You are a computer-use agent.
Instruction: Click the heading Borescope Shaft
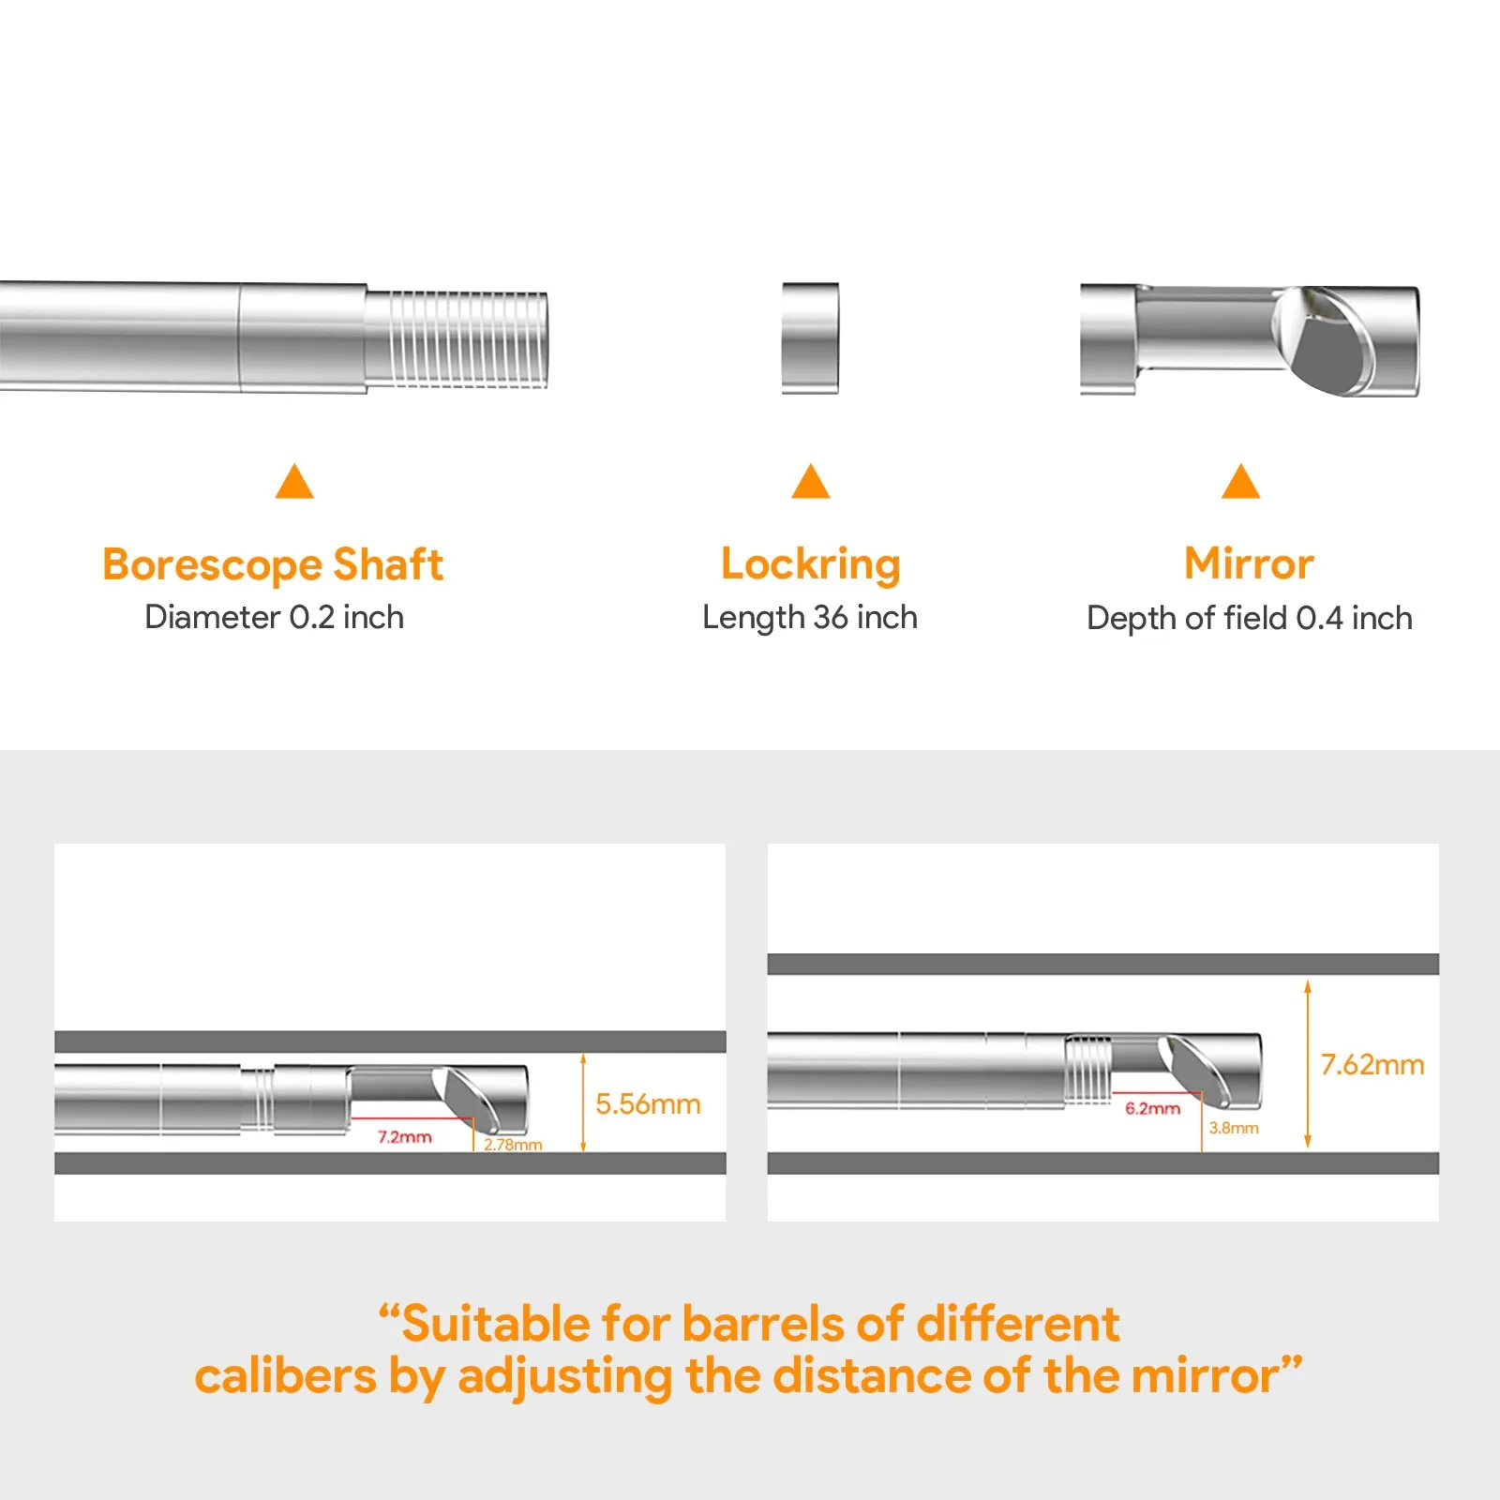(273, 564)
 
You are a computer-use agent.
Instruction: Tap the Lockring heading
(811, 564)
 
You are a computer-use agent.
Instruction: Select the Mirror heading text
(1249, 563)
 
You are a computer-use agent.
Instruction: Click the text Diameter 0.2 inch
(274, 617)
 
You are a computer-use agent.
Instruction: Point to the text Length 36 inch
(810, 618)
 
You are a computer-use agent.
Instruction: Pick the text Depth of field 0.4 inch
(1250, 618)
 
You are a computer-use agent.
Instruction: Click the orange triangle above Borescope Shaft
(294, 481)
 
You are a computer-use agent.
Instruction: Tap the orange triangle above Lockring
(811, 481)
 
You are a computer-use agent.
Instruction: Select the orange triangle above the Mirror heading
(1241, 481)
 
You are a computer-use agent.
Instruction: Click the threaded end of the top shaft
(456, 339)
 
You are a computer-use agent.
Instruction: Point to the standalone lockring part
(810, 337)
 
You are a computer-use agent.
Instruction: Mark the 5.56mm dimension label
(648, 1103)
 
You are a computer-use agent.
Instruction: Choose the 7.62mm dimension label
(1372, 1064)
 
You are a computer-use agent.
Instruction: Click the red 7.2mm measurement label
(405, 1137)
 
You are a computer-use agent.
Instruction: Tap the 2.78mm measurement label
(513, 1145)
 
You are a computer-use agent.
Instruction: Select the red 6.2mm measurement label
(1153, 1108)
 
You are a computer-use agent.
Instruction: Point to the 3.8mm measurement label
(1234, 1128)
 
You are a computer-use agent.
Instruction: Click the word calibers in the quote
(285, 1376)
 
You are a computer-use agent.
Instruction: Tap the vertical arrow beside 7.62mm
(1308, 1065)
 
